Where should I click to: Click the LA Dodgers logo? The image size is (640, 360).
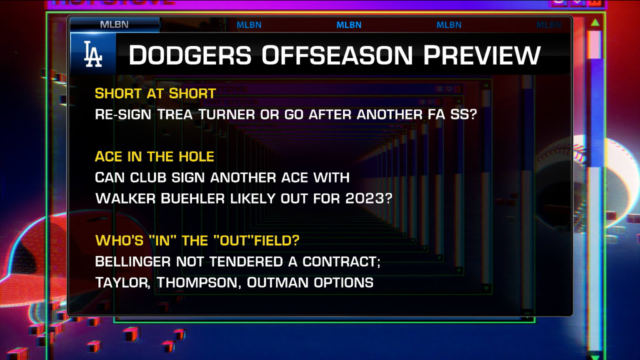point(93,54)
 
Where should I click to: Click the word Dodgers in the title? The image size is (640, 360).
point(190,55)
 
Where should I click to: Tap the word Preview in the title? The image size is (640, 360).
point(482,55)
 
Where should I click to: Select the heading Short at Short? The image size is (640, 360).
point(155,93)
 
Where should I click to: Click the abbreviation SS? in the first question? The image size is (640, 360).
point(463,115)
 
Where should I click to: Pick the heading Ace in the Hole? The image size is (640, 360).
point(154,157)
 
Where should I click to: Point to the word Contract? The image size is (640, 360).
point(340,262)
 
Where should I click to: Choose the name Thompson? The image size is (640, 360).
point(197,283)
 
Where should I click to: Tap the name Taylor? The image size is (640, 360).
point(122,283)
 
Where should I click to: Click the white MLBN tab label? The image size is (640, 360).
point(114,25)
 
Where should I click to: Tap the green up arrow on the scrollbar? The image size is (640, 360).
point(595,22)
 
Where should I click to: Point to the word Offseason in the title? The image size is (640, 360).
point(337,55)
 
